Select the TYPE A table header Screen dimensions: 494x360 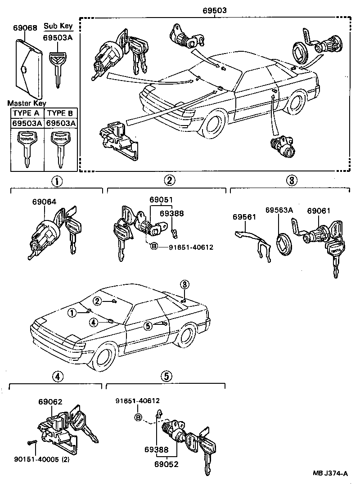tap(27, 113)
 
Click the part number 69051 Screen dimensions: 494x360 tap(161, 200)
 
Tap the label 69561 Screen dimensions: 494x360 tap(244, 217)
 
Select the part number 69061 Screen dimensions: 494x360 tap(319, 210)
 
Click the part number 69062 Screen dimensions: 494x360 tap(50, 402)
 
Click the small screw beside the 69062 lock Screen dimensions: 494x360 tap(31, 443)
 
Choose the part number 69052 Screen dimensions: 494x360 tap(166, 464)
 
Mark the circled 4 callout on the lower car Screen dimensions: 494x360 tap(93, 322)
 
